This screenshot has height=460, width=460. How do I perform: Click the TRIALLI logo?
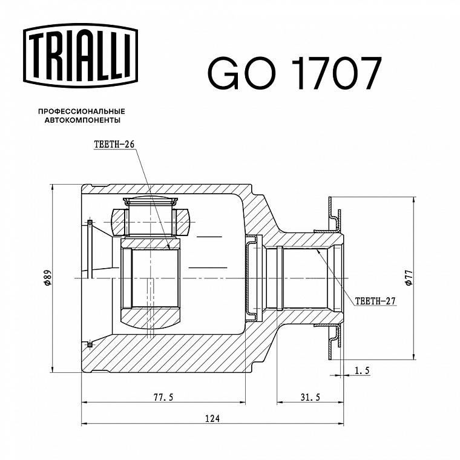[x=80, y=56]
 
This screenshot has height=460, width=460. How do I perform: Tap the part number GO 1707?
[x=295, y=73]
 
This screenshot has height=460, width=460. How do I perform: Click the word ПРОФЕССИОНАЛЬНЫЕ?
[x=82, y=111]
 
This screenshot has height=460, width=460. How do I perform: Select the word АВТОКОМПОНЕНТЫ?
[x=82, y=120]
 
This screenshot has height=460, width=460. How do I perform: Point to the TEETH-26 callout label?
[x=114, y=144]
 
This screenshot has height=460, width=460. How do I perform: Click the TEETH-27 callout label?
[x=375, y=301]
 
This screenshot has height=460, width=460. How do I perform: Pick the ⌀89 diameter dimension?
[x=48, y=278]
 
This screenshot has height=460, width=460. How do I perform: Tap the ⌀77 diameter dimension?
[x=409, y=278]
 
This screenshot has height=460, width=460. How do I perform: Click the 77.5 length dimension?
[x=163, y=397]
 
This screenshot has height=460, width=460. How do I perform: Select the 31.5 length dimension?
[x=310, y=397]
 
